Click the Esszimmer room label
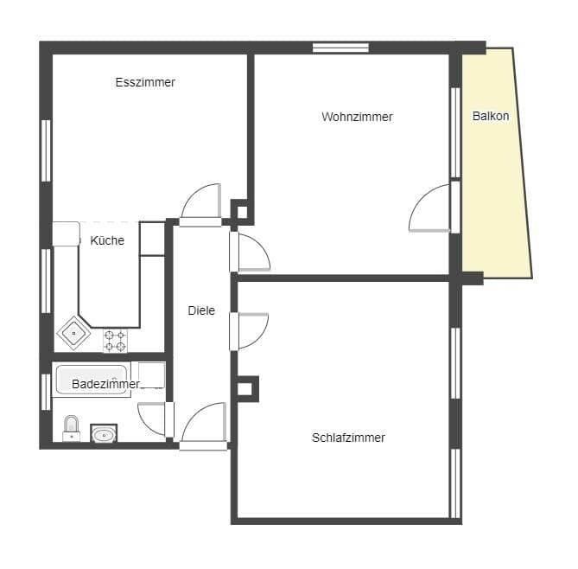coord(145,82)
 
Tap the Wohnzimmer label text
coord(357,117)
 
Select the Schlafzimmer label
coord(348,438)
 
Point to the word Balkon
coord(491,116)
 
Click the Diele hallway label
coord(201,310)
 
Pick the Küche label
coord(107,240)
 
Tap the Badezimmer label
coord(105,384)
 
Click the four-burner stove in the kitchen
coord(116,341)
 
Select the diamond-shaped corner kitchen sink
coord(73,333)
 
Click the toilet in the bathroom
coord(71,428)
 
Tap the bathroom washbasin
coord(104,433)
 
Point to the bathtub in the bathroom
coord(92,380)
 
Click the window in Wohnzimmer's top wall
coord(340,48)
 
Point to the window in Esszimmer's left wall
coord(46,150)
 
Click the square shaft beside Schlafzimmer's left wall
coord(245,389)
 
